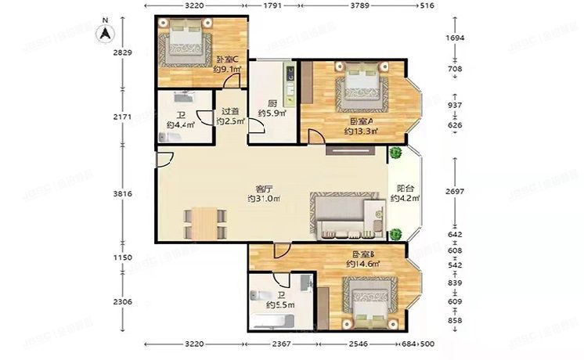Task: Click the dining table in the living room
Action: click(x=203, y=222)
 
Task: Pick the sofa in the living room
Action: click(x=344, y=215)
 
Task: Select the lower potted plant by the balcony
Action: click(x=397, y=234)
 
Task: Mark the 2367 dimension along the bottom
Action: click(x=282, y=344)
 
